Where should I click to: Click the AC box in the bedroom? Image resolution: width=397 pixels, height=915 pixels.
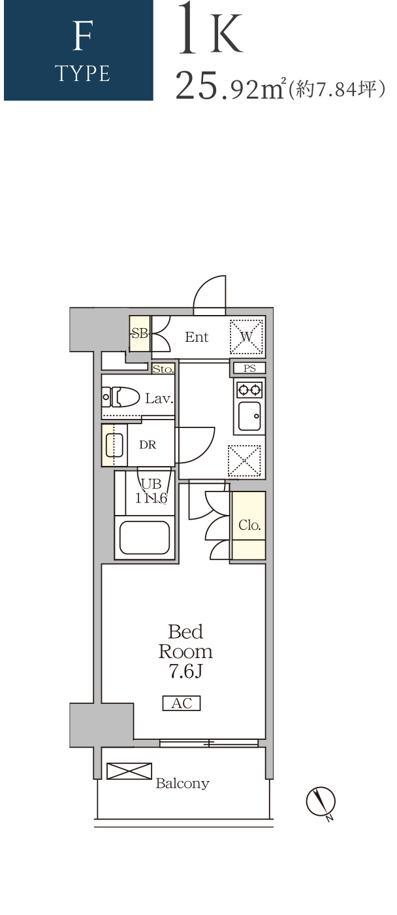[182, 703]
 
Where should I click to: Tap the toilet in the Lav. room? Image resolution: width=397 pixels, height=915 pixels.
[121, 397]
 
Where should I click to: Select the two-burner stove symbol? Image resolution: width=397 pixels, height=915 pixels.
[249, 390]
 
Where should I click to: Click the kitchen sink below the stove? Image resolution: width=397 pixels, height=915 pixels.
[249, 416]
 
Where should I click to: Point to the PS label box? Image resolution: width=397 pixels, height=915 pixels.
[249, 368]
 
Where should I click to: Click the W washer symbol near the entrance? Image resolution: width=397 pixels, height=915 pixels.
[246, 337]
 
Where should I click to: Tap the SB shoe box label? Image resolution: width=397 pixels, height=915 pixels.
[140, 333]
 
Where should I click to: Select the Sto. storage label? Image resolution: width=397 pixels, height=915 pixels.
[163, 369]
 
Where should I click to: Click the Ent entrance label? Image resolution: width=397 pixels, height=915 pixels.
[197, 337]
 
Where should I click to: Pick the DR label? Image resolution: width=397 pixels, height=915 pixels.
[148, 444]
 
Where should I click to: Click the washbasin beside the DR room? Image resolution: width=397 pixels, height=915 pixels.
[114, 445]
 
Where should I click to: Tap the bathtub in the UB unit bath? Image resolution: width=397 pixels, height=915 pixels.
[145, 537]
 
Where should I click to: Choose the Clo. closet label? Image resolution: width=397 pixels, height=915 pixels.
[249, 525]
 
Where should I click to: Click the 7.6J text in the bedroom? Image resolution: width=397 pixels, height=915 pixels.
[185, 671]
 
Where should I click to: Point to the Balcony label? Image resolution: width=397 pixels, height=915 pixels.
[183, 783]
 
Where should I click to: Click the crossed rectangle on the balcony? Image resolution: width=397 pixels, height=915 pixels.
[129, 771]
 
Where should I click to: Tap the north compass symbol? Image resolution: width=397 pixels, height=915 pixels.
[321, 803]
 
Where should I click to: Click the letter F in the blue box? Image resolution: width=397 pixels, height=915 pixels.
[82, 36]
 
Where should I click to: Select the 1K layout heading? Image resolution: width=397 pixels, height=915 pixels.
[210, 29]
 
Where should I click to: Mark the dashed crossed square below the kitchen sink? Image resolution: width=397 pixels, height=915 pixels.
[244, 461]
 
